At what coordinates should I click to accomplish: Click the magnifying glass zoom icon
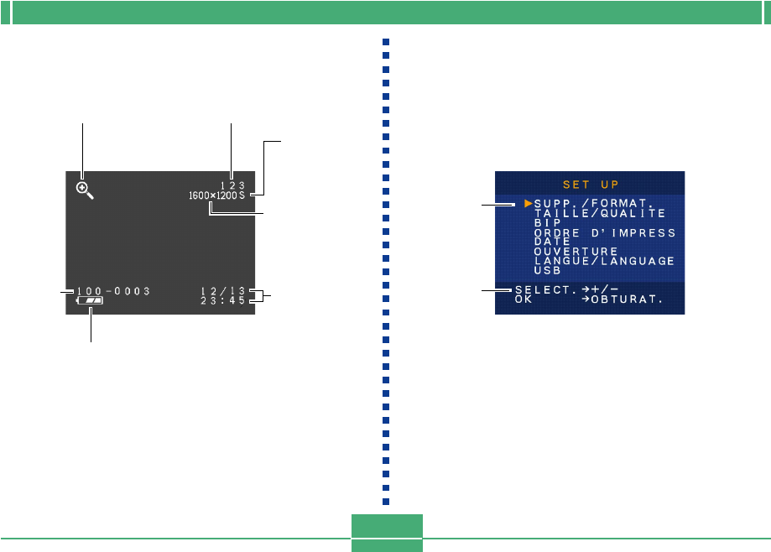coord(85,190)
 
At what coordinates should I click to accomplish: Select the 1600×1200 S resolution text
coord(216,195)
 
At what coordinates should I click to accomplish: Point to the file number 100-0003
coord(113,291)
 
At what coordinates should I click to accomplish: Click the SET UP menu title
coord(590,184)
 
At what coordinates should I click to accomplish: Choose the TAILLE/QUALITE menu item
coord(599,213)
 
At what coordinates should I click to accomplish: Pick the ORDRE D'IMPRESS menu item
coord(604,232)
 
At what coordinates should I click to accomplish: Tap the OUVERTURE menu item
coord(576,251)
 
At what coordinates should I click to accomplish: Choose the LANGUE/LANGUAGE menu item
coord(604,261)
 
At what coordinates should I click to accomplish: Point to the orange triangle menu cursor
coord(529,203)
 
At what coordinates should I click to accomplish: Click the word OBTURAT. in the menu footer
coord(628,299)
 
